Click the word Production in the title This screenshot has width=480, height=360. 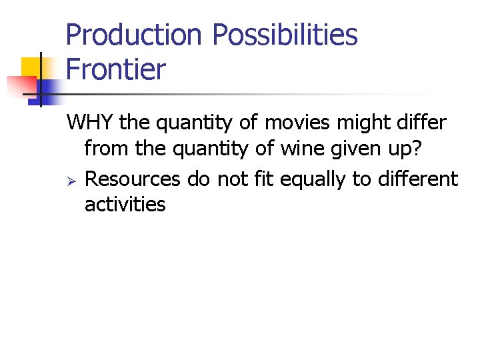[133, 35]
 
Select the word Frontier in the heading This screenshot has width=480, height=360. [116, 69]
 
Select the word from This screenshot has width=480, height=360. [107, 148]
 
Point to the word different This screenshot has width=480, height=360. [411, 179]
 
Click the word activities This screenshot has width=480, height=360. [125, 204]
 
